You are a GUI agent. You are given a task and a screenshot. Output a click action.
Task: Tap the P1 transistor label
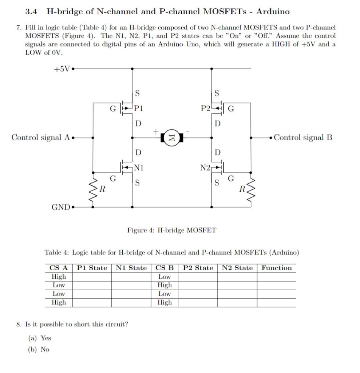pyautogui.click(x=138, y=108)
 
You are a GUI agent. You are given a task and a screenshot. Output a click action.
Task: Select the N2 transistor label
pyautogui.click(x=205, y=168)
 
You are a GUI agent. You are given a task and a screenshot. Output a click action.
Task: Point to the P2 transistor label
pyautogui.click(x=206, y=108)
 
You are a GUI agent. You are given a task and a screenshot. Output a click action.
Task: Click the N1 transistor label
pyautogui.click(x=139, y=168)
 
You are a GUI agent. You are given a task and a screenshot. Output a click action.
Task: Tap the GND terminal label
pyautogui.click(x=61, y=207)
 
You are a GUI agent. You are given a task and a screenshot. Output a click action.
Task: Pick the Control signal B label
pyautogui.click(x=303, y=137)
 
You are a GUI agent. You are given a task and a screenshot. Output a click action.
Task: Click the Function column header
pyautogui.click(x=277, y=268)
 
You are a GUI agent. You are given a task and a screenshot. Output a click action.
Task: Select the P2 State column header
pyautogui.click(x=198, y=268)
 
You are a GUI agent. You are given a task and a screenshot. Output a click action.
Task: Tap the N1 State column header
pyautogui.click(x=131, y=268)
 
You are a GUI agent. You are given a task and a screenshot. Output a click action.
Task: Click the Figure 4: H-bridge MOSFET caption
pyautogui.click(x=171, y=230)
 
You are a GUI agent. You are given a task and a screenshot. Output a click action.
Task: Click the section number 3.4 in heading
pyautogui.click(x=31, y=12)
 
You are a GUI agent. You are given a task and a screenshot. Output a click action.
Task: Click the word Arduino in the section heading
pyautogui.click(x=273, y=12)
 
